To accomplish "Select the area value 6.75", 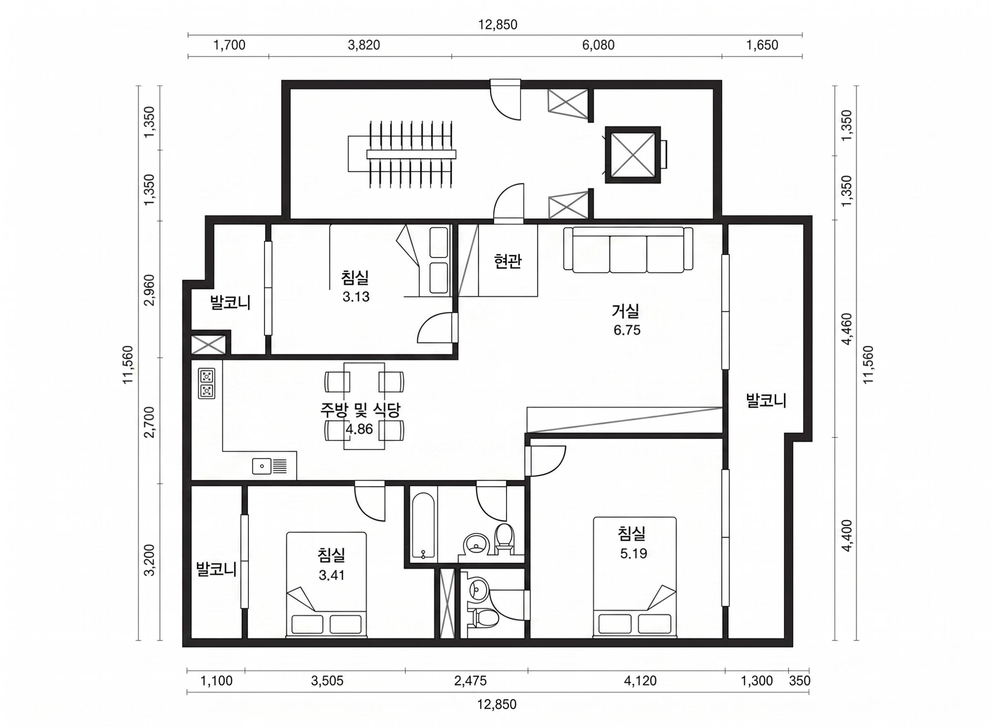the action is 627,330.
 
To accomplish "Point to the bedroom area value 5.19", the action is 634,553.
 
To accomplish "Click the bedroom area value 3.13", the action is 356,297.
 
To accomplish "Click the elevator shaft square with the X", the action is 633,155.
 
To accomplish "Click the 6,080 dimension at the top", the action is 598,45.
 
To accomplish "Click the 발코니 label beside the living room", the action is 766,400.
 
